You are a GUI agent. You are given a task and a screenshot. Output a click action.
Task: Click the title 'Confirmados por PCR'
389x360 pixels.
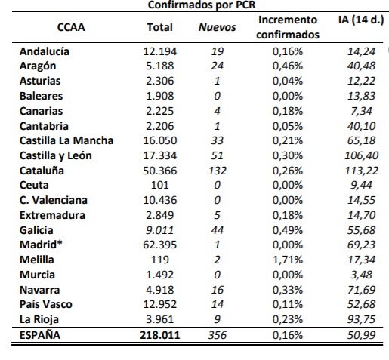(202, 5)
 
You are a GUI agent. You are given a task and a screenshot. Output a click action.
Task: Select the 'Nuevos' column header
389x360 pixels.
(218, 27)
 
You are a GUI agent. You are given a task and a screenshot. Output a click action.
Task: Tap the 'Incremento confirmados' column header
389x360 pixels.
(288, 27)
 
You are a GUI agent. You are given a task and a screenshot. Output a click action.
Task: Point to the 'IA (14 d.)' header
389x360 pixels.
(361, 20)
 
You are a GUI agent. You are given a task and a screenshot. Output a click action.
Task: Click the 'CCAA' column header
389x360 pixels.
(71, 27)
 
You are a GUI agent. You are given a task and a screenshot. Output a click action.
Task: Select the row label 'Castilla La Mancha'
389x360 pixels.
(66, 140)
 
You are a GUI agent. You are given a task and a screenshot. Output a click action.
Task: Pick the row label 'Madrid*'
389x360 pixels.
(41, 245)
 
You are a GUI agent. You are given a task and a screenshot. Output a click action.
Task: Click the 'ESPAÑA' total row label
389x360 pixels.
(40, 335)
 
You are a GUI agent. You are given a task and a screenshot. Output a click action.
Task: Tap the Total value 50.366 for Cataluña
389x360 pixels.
(160, 171)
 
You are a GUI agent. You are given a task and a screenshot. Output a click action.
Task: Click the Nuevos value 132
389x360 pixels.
(218, 171)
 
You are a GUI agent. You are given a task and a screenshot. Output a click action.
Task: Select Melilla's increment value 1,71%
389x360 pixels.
(288, 260)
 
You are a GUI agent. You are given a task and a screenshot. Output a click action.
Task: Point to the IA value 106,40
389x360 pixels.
(361, 155)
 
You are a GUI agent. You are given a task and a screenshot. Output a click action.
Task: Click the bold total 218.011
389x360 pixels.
(160, 335)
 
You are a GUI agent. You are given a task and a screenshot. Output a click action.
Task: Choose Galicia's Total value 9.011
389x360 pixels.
(160, 230)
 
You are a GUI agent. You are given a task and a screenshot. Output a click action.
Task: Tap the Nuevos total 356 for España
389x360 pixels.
(218, 335)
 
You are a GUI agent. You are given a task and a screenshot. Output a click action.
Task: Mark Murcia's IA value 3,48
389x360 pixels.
(361, 275)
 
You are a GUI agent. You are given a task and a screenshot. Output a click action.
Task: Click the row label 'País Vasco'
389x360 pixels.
(46, 304)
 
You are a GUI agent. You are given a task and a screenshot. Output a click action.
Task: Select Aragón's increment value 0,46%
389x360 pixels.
(288, 66)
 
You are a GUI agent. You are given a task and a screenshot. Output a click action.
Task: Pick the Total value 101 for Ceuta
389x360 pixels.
(160, 185)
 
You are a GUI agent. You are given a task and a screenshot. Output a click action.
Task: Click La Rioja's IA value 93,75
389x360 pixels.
(361, 319)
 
